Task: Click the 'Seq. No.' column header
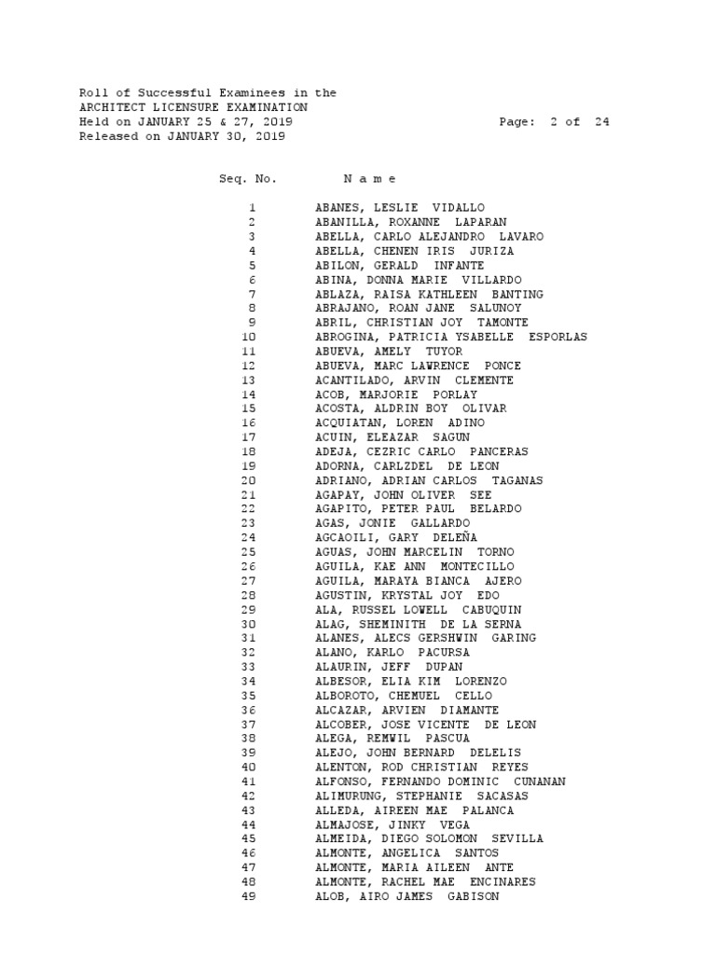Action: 247,178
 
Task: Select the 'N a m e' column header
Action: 369,178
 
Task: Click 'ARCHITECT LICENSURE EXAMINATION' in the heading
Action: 193,107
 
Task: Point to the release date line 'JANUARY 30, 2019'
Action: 227,136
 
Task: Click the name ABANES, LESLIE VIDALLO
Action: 400,208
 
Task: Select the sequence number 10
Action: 248,337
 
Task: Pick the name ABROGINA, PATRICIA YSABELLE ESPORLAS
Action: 451,337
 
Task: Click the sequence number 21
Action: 248,495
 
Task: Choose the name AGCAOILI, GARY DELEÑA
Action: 396,538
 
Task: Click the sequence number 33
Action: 248,667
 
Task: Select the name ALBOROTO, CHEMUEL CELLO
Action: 404,696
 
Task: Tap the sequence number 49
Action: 248,896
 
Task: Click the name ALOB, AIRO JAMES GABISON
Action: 407,896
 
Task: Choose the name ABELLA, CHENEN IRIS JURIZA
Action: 415,251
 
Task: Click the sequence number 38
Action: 248,739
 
